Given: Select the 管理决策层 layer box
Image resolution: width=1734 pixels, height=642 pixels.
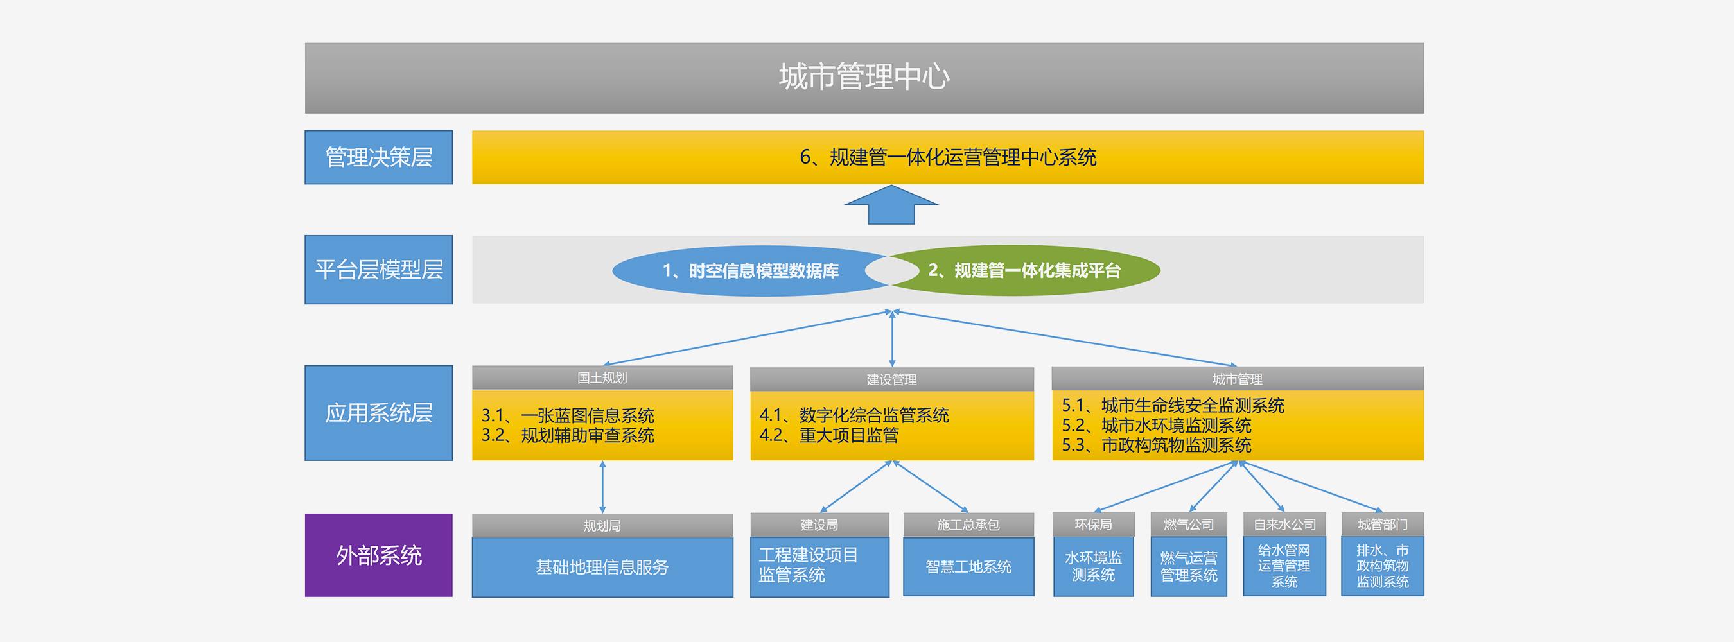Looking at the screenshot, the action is click(378, 157).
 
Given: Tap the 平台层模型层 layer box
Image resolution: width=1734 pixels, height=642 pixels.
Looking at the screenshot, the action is click(378, 269).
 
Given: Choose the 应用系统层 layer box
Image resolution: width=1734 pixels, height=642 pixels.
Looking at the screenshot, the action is click(378, 413).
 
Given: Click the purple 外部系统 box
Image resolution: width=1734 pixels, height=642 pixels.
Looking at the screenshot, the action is click(378, 555).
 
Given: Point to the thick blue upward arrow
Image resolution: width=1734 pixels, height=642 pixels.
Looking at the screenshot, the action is click(891, 205).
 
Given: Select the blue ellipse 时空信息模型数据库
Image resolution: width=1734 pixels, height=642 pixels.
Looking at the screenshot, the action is click(751, 270).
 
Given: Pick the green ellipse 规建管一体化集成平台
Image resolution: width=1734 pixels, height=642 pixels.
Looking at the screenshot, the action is click(1024, 270).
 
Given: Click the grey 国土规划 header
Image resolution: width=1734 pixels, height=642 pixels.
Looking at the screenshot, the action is click(602, 377).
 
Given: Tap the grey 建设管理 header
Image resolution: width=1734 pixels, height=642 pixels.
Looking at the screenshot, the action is click(892, 379).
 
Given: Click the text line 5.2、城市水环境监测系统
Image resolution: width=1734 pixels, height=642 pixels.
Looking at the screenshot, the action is click(1157, 425).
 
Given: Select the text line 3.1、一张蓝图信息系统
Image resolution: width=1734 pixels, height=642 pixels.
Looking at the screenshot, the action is click(568, 415).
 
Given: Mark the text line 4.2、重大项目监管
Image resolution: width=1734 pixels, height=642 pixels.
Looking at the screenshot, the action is click(828, 435).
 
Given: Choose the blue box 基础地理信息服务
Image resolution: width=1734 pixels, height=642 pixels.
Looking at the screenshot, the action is click(602, 568).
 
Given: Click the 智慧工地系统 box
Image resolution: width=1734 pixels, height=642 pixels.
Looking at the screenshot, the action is click(968, 567).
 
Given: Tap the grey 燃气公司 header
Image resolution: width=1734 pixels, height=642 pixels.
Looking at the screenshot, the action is click(1189, 525).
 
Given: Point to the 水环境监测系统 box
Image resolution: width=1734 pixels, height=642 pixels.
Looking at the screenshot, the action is click(1093, 566).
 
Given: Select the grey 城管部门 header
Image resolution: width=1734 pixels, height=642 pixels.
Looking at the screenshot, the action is click(1383, 525).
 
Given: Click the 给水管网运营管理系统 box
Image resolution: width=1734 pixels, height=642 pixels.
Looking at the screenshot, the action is click(1284, 566).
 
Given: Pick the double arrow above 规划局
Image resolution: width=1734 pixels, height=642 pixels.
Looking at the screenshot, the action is click(602, 487).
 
